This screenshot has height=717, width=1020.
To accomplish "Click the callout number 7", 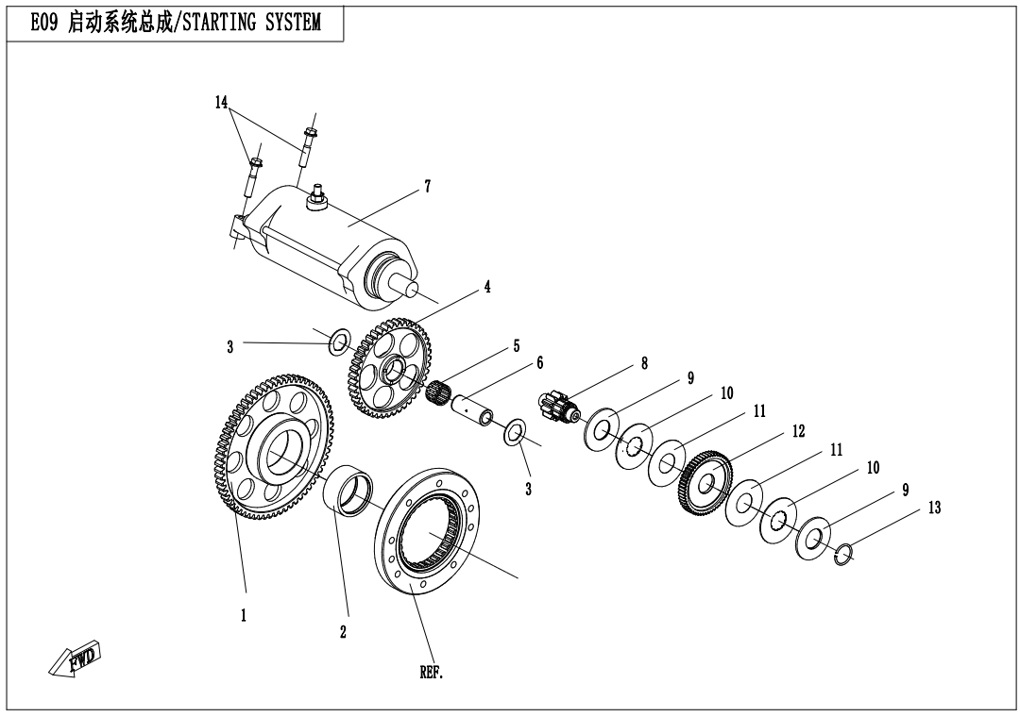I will pos(427,187).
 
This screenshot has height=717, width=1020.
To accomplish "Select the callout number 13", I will pos(934,509).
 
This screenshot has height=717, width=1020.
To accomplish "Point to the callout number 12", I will pos(798,431).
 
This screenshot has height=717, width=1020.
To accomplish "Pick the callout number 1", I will pos(244,615).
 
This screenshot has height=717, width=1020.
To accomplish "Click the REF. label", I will pos(431,674).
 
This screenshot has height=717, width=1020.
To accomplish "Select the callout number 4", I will pos(487,287).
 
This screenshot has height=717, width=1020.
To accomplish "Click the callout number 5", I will pos(517,346).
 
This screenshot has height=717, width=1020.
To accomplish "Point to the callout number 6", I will pos(539,362).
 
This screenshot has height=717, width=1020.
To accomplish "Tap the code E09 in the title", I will pos(44,24).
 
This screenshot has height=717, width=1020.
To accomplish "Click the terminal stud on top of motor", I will pos(318,196).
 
